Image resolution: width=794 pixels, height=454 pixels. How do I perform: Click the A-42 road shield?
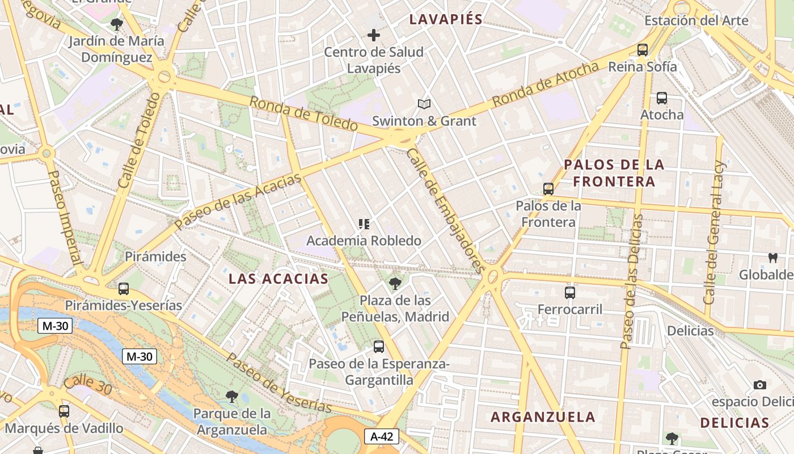click(x=382, y=436)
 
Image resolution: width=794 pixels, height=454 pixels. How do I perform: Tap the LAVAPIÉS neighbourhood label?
click(x=446, y=19)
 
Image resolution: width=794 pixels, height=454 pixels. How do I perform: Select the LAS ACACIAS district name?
click(x=278, y=279)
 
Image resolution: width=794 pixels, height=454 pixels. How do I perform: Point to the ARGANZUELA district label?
click(x=543, y=417)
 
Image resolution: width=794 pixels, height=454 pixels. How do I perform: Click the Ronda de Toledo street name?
click(x=303, y=114)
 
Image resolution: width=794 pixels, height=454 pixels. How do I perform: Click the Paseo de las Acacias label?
click(x=238, y=201)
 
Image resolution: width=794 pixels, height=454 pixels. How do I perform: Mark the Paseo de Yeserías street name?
click(x=279, y=383)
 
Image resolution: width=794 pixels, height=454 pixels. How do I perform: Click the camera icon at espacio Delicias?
click(x=760, y=385)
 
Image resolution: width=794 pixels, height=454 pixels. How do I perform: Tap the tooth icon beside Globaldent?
click(x=772, y=258)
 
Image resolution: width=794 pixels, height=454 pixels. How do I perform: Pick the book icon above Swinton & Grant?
click(x=424, y=104)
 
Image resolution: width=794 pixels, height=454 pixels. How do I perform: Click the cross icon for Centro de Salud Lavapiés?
click(x=374, y=35)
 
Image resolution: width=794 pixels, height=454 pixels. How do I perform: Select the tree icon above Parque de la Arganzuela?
click(x=231, y=396)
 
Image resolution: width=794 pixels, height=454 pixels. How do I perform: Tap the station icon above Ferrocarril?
click(x=570, y=293)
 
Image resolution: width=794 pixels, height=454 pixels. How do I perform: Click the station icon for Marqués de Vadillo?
click(x=64, y=411)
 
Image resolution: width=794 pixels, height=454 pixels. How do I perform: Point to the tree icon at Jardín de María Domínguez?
click(x=117, y=24)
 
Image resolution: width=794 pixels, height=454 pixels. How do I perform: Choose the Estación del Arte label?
click(x=696, y=21)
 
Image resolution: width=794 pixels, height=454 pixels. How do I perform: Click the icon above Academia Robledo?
click(x=364, y=224)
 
